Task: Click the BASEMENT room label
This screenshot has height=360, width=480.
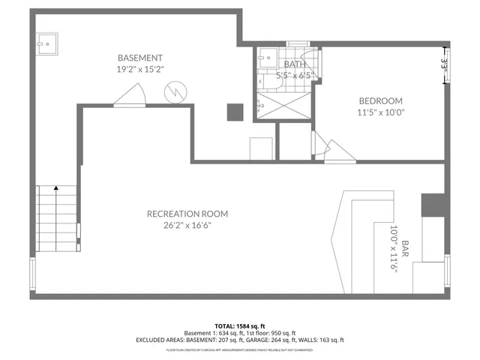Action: coord(140,58)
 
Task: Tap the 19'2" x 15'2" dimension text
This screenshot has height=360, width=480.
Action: coord(140,69)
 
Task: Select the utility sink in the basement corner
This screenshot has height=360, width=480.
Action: coord(47,43)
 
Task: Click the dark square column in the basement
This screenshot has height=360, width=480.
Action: coord(235,111)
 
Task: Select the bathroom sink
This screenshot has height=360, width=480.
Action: coord(266,57)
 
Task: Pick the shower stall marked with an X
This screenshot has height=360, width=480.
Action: coord(283,105)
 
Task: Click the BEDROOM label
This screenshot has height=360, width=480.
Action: coord(380,100)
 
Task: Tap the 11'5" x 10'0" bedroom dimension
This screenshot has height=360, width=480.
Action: coord(380,112)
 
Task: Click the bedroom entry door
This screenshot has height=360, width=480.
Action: coord(330,150)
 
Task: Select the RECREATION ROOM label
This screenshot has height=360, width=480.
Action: coord(187,214)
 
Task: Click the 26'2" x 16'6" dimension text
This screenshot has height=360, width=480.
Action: coord(187,226)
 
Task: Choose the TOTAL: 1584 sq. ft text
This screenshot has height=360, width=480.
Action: coord(239,326)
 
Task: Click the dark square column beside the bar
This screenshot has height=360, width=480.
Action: coord(432,204)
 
